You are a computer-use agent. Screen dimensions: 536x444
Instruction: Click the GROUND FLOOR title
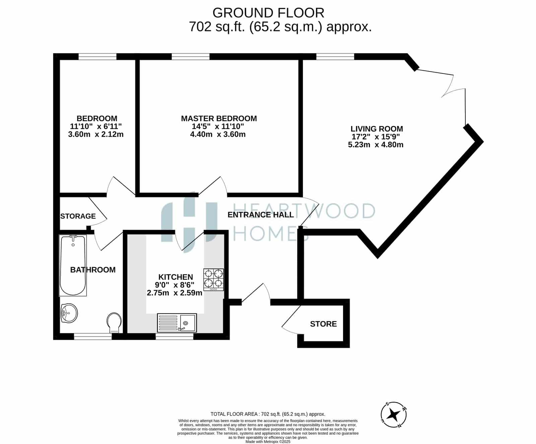268,13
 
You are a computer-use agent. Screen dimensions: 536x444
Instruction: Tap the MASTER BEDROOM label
219,118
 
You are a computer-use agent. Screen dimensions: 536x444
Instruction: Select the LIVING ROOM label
377,129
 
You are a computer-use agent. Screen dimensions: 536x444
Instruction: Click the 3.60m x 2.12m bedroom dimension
96,134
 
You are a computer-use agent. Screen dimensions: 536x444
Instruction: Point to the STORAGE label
78,216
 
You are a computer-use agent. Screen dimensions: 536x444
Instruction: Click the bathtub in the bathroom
73,265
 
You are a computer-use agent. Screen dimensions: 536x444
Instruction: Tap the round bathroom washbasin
69,313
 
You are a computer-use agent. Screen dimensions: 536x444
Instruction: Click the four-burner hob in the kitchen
213,279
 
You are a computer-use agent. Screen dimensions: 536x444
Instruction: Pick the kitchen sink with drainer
177,323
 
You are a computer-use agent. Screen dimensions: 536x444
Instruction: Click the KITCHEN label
176,277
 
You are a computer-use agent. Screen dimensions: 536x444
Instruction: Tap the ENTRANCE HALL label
261,215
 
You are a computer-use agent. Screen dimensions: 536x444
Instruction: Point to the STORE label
323,324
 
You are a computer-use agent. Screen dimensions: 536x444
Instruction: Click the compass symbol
394,415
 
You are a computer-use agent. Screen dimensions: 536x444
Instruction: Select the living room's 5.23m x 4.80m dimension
376,145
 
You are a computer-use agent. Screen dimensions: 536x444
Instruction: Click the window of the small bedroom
97,57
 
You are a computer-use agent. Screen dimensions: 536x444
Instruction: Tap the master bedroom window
191,57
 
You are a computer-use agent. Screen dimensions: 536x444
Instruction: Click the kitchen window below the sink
175,336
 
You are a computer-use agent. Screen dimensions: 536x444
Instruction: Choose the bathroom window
93,336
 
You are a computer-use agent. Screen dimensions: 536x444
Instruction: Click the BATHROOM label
93,270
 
